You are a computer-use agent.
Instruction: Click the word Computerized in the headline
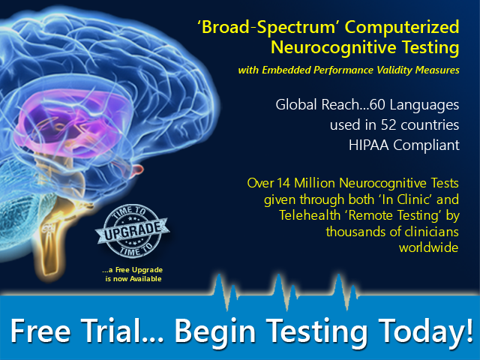point(402,28)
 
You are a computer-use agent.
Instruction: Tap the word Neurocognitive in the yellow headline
point(334,48)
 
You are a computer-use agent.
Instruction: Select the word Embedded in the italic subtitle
point(286,70)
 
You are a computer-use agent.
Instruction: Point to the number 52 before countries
point(388,125)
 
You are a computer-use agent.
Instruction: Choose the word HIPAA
point(368,145)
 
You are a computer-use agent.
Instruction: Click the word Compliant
point(426,145)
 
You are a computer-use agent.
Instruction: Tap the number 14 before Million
point(283,183)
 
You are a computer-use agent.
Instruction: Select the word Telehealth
point(310,215)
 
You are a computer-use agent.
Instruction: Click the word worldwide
point(428,247)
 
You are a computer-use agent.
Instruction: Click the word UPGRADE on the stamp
point(133,231)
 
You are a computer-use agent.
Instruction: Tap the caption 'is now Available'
point(133,279)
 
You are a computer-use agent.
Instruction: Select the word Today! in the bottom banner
point(426,331)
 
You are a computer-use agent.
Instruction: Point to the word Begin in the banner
point(215,332)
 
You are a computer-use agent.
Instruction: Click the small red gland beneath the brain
point(136,170)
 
